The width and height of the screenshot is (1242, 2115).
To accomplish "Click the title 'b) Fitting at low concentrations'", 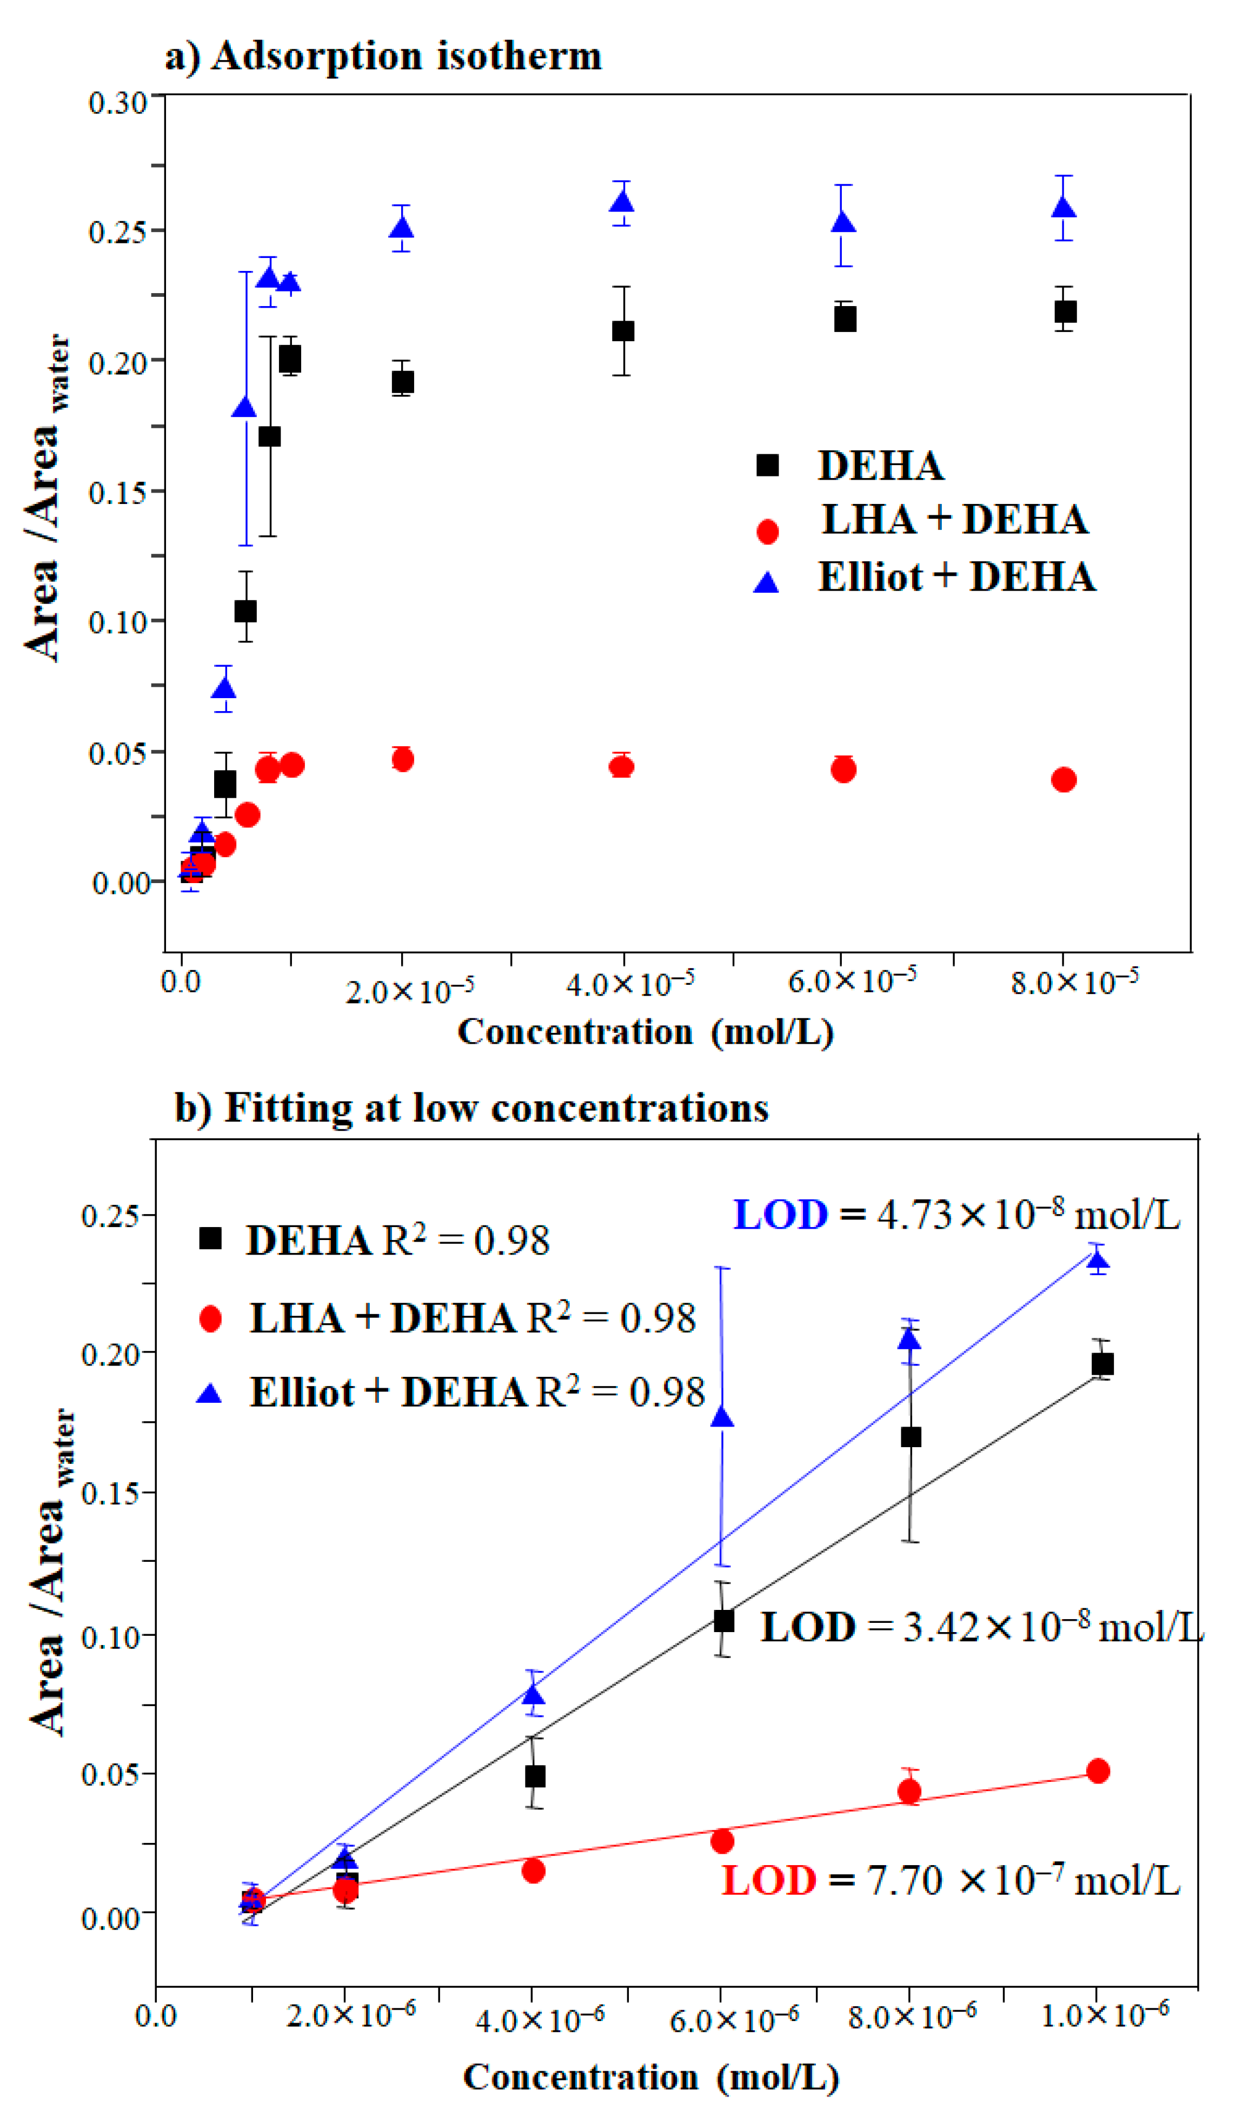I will (471, 1108).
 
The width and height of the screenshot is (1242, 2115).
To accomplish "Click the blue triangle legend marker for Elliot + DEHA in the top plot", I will (766, 582).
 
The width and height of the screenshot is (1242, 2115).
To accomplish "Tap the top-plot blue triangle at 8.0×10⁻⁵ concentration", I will (1064, 207).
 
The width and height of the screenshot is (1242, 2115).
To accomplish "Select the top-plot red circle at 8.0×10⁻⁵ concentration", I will (1063, 780).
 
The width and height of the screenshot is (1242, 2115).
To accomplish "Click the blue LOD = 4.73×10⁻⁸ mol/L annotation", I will (957, 1215).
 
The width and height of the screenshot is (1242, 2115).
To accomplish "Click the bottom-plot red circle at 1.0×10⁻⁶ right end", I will (1098, 1771).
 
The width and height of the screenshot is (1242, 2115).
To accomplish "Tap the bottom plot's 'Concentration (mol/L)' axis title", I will (650, 2077).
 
